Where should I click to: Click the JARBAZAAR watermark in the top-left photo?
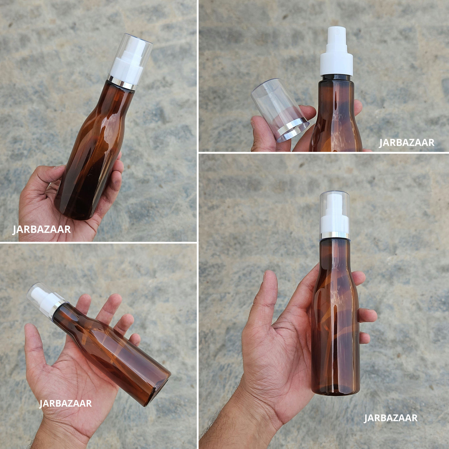pos(41,230)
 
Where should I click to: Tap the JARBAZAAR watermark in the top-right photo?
pos(407,143)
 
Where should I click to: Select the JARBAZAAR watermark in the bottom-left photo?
pos(65,403)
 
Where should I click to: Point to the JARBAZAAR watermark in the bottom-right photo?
pos(391,418)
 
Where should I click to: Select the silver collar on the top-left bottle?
pos(121,82)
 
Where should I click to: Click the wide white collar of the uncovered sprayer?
pos(336,64)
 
